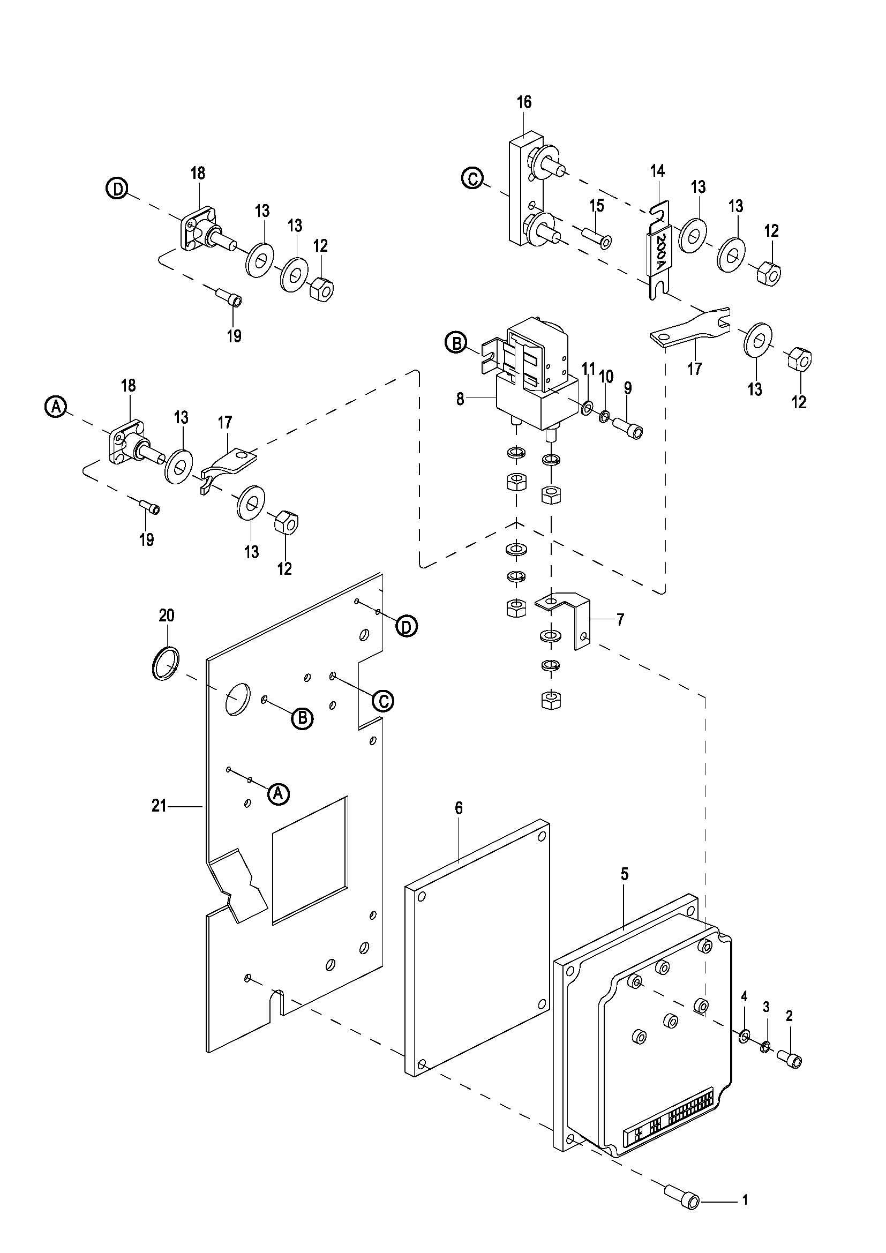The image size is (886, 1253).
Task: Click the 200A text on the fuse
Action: pos(660,253)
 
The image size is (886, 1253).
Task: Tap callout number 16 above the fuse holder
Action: pos(524,103)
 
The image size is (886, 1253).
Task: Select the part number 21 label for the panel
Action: pos(159,806)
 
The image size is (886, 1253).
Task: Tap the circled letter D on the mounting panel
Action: pos(406,627)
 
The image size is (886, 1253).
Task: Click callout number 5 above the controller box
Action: pos(624,874)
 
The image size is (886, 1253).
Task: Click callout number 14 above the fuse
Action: pos(657,171)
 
